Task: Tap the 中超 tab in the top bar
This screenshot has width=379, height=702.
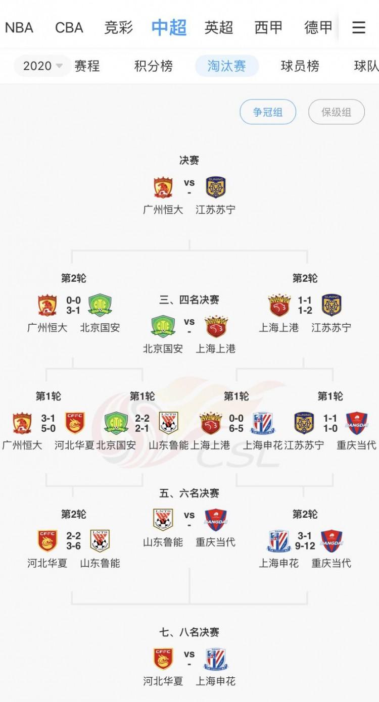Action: click(169, 27)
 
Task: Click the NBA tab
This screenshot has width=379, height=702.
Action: click(19, 27)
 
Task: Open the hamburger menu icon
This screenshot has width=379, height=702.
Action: click(359, 27)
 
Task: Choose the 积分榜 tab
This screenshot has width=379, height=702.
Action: click(153, 66)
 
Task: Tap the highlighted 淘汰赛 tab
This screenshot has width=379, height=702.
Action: click(226, 66)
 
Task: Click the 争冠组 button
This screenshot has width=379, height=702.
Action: click(268, 112)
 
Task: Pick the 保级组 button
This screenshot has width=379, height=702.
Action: click(336, 112)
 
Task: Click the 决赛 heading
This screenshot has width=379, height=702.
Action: click(189, 160)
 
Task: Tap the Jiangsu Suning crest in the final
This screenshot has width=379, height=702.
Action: click(216, 187)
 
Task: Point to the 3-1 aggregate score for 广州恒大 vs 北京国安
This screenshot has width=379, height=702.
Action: click(73, 311)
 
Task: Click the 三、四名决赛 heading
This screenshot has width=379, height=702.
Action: click(189, 300)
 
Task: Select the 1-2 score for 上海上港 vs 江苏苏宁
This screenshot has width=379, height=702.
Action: click(305, 311)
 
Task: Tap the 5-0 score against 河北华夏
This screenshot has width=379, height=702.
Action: click(48, 429)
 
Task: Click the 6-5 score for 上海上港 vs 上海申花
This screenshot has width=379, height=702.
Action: click(236, 429)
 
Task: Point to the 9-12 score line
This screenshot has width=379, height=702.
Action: click(305, 546)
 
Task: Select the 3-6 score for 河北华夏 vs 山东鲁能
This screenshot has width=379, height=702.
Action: click(73, 546)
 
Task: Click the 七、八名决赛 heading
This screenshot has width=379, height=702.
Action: click(189, 632)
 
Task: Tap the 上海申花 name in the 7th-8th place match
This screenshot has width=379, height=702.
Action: click(216, 681)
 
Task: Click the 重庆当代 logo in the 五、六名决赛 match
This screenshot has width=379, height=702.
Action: click(216, 520)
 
